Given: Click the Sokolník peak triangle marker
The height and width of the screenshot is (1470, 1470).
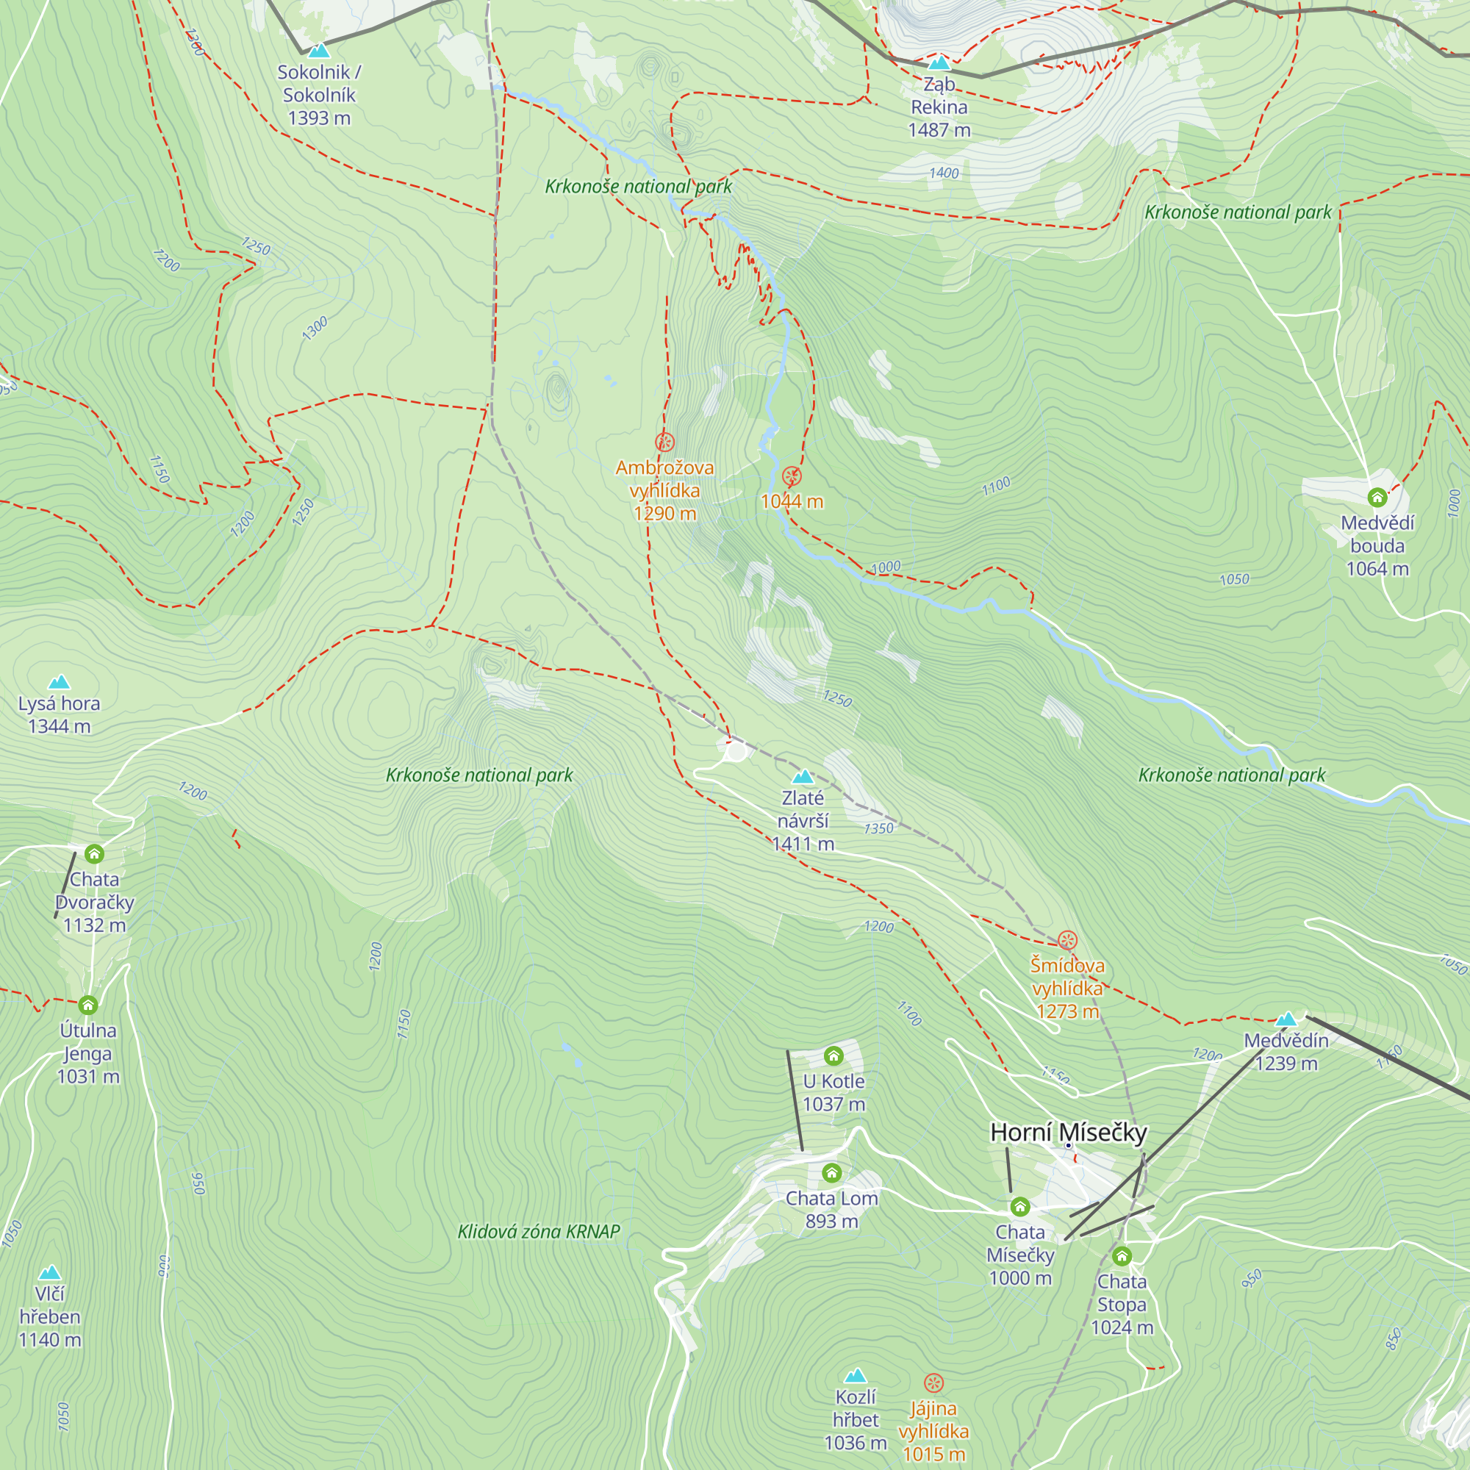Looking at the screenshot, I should point(319,51).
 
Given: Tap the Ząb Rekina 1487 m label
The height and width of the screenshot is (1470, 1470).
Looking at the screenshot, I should point(939,107).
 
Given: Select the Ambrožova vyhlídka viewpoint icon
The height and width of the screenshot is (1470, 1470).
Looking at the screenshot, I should point(664,442).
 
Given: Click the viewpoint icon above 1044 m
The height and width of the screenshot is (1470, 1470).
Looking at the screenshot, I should point(792,476).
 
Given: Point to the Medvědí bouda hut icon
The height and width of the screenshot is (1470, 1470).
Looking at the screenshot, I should point(1377,498).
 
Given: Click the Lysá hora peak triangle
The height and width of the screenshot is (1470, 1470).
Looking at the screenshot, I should point(60,682).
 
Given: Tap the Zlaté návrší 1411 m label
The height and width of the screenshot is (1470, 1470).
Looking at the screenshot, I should point(803,821).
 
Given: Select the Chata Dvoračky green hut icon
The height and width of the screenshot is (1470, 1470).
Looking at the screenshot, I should point(94,853).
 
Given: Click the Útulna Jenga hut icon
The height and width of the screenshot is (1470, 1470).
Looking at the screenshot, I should point(88,1005).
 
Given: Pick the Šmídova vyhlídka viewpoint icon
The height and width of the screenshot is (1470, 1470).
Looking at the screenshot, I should point(1067,941).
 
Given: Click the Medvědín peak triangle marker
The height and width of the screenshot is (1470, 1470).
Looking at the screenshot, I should point(1286,1019).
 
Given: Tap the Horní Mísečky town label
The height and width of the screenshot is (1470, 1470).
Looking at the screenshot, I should point(1068,1132).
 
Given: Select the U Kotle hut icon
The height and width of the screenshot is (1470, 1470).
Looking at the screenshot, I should point(834,1055).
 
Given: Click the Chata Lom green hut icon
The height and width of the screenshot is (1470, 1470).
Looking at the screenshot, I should point(831,1172).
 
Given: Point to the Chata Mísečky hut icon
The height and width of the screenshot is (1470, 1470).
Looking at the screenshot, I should point(1020,1207).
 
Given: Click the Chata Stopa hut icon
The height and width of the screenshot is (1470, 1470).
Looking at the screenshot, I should point(1122,1255).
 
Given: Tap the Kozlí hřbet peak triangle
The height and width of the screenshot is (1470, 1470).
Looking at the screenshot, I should point(856,1375).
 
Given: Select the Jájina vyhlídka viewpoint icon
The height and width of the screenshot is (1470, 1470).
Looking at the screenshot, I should point(933,1383).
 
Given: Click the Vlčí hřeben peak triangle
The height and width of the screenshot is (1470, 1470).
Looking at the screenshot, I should point(50,1272).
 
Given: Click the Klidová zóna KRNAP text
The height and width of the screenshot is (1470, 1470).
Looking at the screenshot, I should point(539,1231).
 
